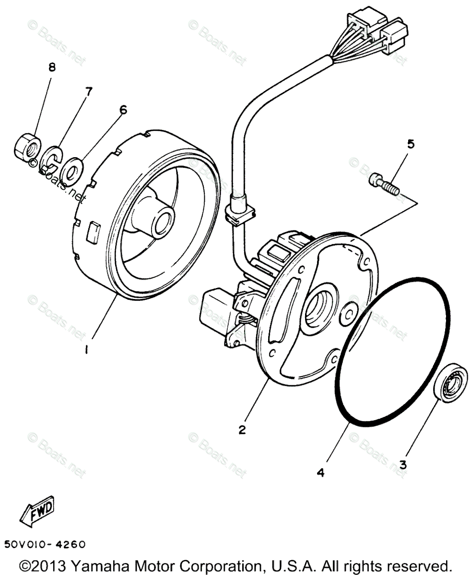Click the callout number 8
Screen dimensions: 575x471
click(51, 67)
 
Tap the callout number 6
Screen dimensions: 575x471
click(123, 110)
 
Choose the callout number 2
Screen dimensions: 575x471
click(242, 429)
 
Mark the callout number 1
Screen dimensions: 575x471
click(86, 350)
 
